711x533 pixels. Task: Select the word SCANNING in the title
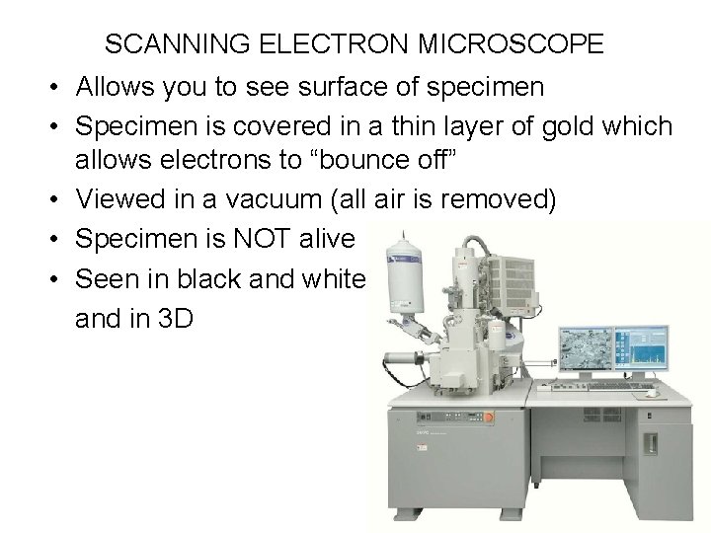click(168, 44)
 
